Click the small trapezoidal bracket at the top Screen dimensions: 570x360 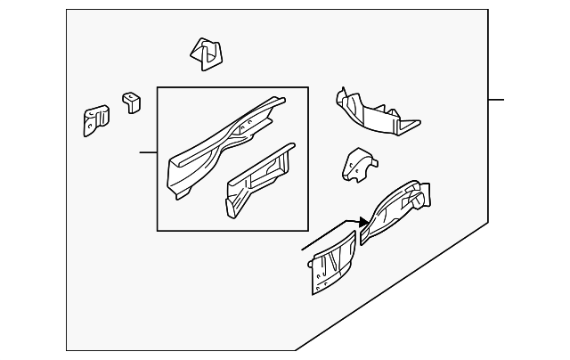[x=206, y=54]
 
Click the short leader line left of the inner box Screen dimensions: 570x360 [x=148, y=153]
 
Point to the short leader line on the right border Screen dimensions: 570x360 [x=496, y=99]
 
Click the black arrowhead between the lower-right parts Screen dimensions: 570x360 [x=363, y=221]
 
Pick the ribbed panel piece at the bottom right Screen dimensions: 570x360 [x=334, y=259]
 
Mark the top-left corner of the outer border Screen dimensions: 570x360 [x=67, y=10]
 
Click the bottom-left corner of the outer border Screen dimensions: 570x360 [x=67, y=351]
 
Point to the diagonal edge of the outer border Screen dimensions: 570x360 [x=392, y=287]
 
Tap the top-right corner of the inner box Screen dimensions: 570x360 [x=308, y=87]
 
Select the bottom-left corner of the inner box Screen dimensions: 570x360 [x=158, y=231]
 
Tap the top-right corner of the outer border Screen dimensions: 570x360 [x=488, y=10]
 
